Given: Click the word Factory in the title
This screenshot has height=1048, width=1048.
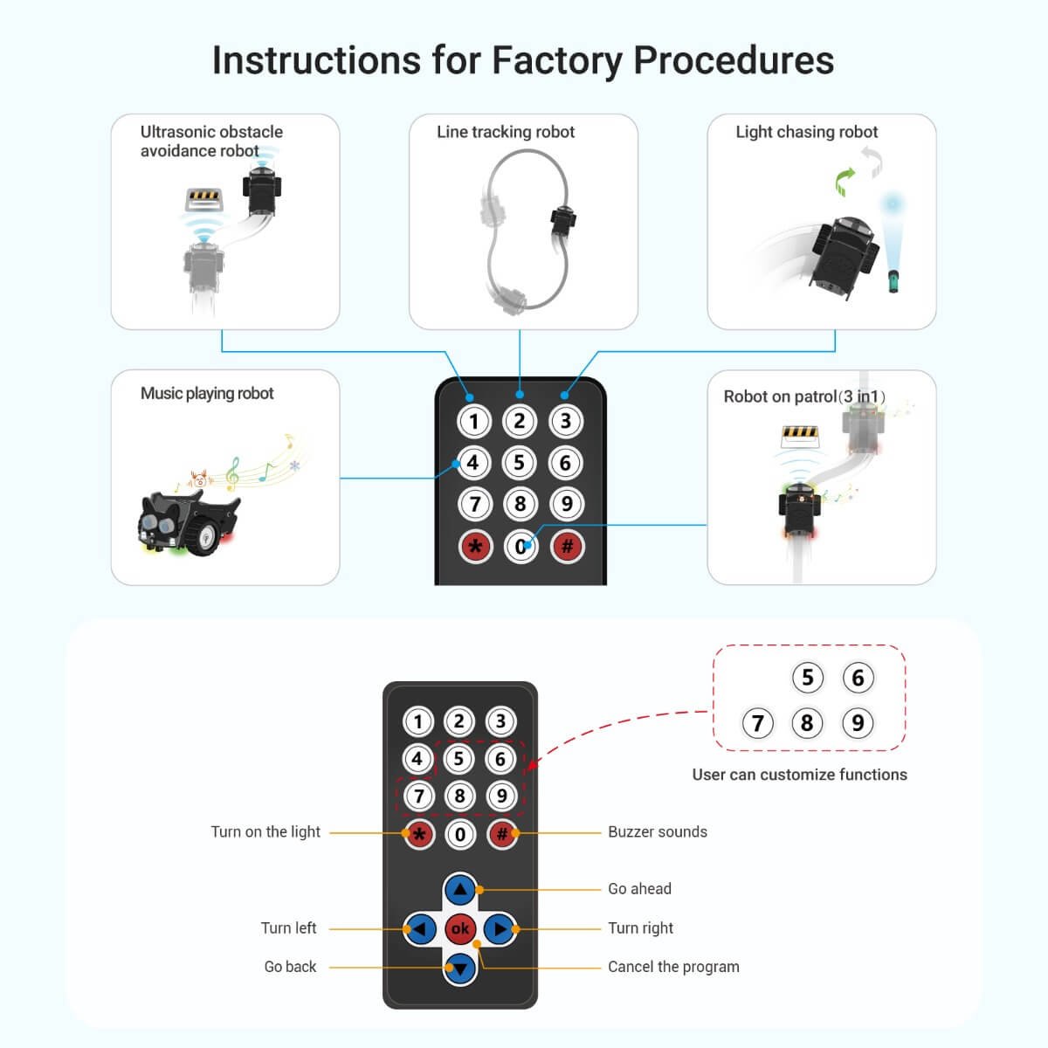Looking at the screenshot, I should pyautogui.click(x=556, y=61).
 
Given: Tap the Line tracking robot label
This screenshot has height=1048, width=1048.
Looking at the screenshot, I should pyautogui.click(x=506, y=132).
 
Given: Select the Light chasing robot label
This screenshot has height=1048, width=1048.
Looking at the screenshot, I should pyautogui.click(x=806, y=132).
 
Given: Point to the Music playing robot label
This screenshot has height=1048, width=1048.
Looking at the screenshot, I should pyautogui.click(x=207, y=393).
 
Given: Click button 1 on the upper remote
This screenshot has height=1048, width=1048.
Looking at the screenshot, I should pyautogui.click(x=474, y=421).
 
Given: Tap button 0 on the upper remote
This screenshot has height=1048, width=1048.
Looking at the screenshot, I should pyautogui.click(x=521, y=547).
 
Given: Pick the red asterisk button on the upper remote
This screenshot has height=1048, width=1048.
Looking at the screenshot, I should pyautogui.click(x=475, y=547).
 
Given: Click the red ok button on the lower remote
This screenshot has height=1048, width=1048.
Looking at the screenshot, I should pyautogui.click(x=460, y=928).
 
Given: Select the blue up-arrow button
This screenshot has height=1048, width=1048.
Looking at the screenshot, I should pyautogui.click(x=460, y=890).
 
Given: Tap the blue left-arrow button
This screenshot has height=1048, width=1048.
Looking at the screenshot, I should pyautogui.click(x=420, y=928).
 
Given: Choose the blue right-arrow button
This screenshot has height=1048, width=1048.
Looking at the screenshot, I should pyautogui.click(x=500, y=928).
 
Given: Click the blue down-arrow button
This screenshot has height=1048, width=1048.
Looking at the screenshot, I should pyautogui.click(x=460, y=967).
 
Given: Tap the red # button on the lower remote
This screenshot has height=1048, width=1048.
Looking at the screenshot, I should pyautogui.click(x=502, y=834).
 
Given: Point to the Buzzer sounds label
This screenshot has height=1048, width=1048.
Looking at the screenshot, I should pyautogui.click(x=657, y=832).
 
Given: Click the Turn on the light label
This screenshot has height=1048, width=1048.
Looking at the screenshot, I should pyautogui.click(x=265, y=832).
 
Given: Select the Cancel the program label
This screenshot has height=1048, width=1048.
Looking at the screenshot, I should pyautogui.click(x=673, y=967).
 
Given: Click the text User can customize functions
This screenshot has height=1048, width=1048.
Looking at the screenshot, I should pyautogui.click(x=799, y=775).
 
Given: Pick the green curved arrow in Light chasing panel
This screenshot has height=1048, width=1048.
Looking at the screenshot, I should pyautogui.click(x=845, y=182).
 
